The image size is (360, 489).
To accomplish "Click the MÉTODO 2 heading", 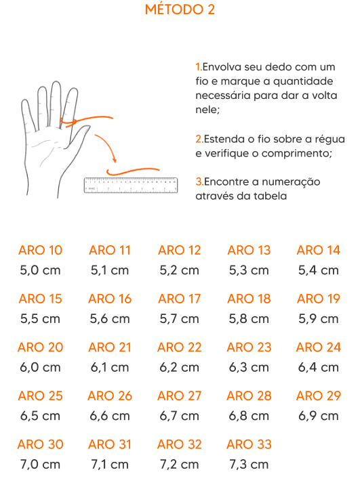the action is coord(180,9).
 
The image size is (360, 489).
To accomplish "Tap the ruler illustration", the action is coord(131,186).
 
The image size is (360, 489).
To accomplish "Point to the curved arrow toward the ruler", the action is coord(107,146).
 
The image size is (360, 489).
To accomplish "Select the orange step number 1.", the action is coord(199,67).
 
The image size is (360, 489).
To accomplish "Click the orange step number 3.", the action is coord(199,182).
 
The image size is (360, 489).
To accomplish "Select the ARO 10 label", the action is coord(40,250).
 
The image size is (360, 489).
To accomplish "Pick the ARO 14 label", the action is coord(319,250).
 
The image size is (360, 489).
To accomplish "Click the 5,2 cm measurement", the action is coord(179,270).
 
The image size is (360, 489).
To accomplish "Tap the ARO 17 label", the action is coord(180,299).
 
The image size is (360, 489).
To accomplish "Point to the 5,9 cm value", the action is coord(319,319).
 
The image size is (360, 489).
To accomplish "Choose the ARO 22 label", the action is coord(180,347).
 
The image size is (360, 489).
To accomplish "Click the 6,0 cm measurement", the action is coord(40,367).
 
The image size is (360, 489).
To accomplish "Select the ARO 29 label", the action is coord(319,396).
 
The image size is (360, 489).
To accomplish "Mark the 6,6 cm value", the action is coord(110,416).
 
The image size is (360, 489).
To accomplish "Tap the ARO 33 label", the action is coord(249,444).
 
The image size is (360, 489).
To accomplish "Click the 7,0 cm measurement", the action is coord(40,465).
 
